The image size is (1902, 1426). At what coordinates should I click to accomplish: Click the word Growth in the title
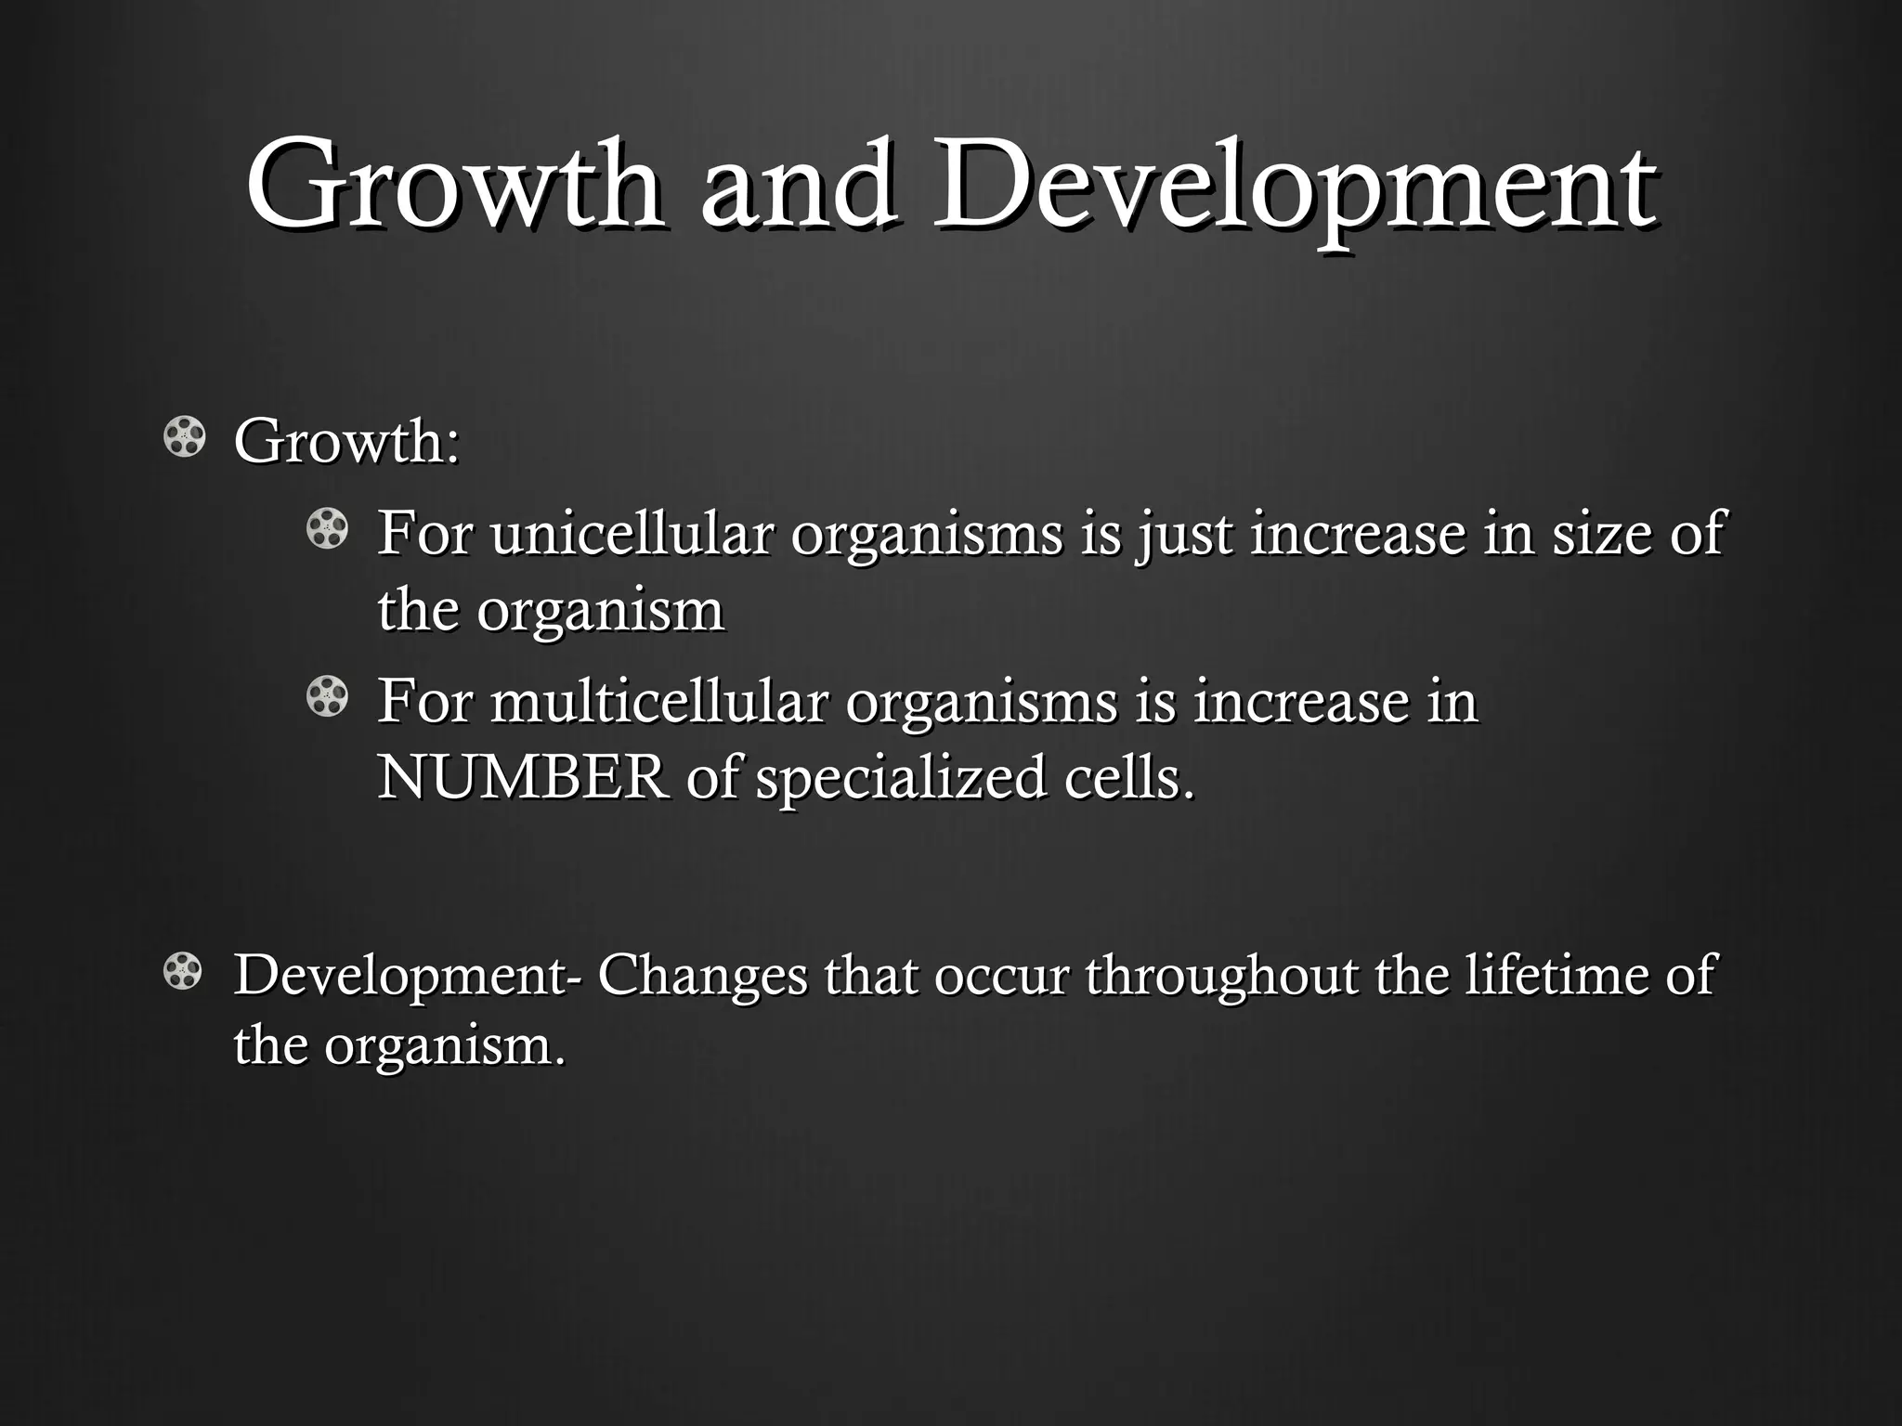(455, 184)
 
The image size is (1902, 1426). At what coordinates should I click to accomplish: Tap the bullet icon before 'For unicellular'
(327, 529)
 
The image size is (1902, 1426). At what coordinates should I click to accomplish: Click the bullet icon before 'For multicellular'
(327, 697)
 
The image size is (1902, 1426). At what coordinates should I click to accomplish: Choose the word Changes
(703, 976)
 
